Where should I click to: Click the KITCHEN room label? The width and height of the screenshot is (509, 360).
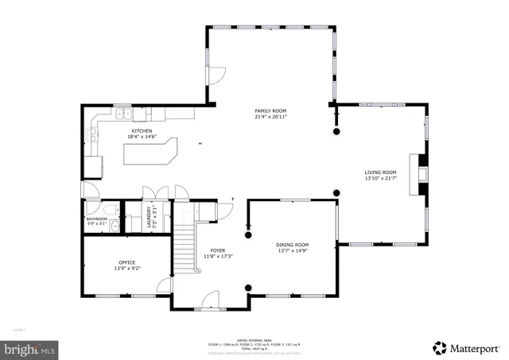click(x=142, y=130)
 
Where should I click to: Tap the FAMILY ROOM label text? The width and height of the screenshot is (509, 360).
click(x=270, y=110)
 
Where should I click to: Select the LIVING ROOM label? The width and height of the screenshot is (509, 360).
click(x=380, y=172)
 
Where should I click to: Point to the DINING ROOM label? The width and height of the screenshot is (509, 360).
click(x=292, y=245)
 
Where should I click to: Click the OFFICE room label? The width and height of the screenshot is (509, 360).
click(x=126, y=262)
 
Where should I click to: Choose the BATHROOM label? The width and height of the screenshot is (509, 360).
click(x=96, y=219)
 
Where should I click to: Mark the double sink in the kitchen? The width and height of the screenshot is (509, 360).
click(x=124, y=116)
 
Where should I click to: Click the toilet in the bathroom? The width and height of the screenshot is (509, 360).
click(x=115, y=226)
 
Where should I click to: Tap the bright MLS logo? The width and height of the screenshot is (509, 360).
click(x=30, y=348)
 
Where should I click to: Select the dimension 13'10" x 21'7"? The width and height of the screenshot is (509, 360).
click(x=380, y=179)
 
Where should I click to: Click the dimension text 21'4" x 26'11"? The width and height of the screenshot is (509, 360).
click(x=270, y=117)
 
